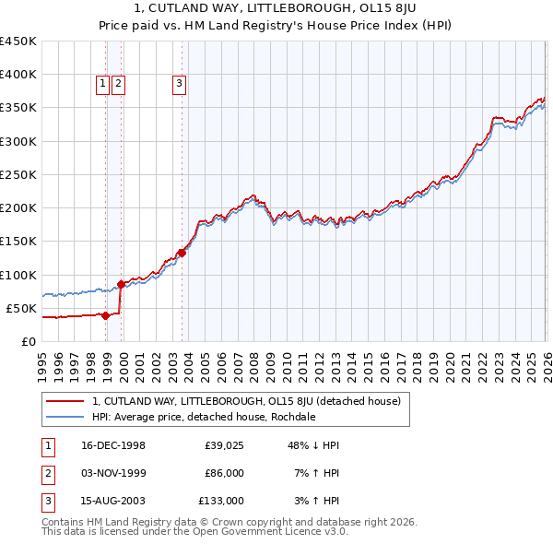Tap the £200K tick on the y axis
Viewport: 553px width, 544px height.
point(18,208)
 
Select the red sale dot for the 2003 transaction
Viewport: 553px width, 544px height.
point(182,253)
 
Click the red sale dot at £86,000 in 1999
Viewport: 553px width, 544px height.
point(121,284)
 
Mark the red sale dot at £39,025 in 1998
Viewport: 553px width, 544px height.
point(106,315)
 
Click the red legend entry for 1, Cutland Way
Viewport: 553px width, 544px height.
point(246,401)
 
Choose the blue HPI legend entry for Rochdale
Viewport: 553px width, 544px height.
point(204,417)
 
